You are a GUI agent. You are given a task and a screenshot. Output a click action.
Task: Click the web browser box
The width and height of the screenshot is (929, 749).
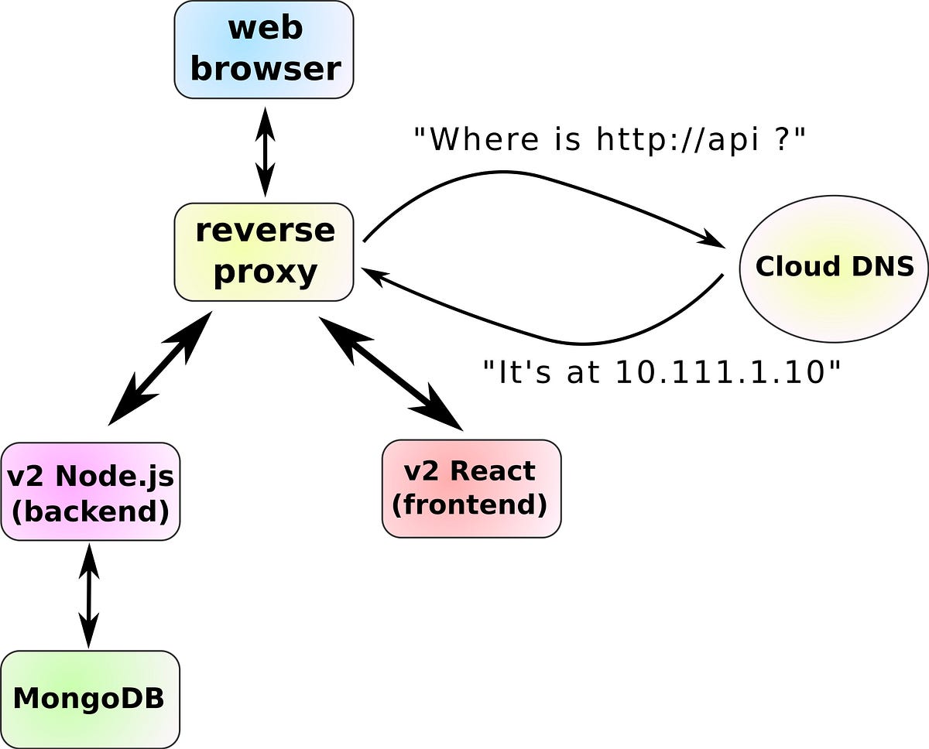[264, 50]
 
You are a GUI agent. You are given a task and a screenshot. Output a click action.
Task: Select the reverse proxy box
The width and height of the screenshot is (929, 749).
[264, 251]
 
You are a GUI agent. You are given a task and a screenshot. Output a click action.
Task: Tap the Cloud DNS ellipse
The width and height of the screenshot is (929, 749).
[834, 267]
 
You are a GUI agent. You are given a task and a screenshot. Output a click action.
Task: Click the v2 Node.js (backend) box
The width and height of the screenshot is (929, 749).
[91, 491]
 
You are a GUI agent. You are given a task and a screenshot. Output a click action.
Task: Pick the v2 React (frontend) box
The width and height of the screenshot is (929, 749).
[471, 488]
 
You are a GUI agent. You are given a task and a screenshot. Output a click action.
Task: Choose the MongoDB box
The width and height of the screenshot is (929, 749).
[90, 699]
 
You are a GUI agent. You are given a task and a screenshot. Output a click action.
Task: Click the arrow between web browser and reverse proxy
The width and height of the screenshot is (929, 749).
[266, 152]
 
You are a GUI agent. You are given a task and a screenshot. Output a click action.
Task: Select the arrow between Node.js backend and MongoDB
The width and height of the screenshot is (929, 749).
[89, 595]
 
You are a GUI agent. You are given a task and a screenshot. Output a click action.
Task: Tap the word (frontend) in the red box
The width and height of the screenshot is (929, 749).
[469, 504]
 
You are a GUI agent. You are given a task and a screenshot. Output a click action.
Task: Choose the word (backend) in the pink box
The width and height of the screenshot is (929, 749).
[91, 511]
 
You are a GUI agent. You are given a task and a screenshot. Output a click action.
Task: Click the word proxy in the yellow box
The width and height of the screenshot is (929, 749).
[265, 272]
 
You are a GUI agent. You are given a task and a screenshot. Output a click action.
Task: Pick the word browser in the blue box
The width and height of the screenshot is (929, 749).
[265, 69]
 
